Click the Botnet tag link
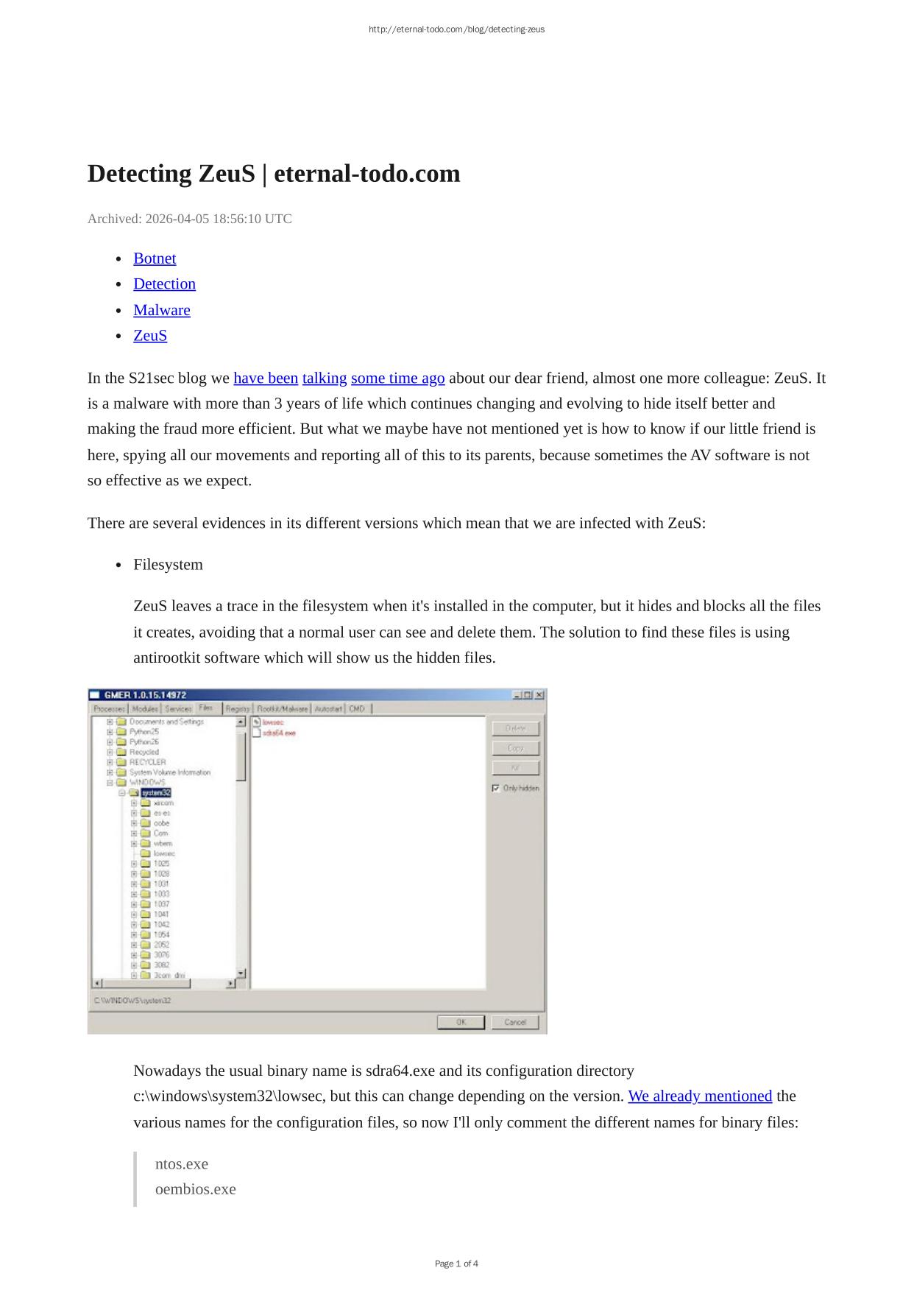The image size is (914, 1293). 155,258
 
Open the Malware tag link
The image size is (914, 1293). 161,310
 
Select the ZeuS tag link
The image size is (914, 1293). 150,336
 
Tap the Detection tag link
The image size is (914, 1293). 164,284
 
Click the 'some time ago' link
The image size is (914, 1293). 397,378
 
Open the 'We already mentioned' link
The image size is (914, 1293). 699,1096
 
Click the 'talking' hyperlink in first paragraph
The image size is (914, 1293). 324,378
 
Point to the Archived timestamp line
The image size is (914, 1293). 189,219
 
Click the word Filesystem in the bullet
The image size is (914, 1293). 168,565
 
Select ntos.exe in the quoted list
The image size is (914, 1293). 182,1164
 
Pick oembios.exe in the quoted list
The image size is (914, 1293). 195,1189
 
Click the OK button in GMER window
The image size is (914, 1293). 461,1022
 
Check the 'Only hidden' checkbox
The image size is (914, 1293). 496,788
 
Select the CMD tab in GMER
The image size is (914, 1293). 357,708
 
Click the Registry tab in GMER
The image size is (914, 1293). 238,708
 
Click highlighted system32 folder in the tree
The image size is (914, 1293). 156,792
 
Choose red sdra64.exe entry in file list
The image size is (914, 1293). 279,733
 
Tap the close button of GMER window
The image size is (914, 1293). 539,694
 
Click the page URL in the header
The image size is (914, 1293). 456,29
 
